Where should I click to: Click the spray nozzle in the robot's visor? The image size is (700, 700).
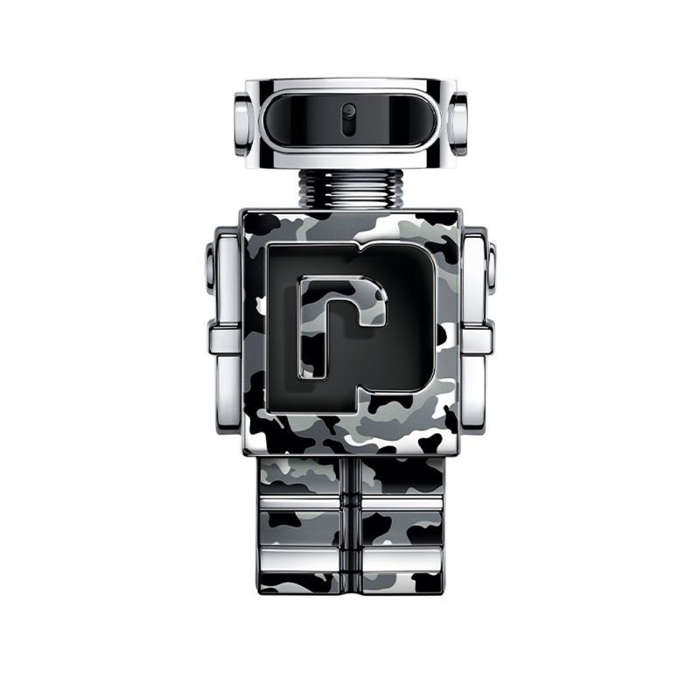pos(349,116)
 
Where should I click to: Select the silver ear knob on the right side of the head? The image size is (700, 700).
pos(457,123)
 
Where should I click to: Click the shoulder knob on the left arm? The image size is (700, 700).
pos(210,267)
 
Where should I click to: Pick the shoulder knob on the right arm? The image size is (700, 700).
pos(491,267)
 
